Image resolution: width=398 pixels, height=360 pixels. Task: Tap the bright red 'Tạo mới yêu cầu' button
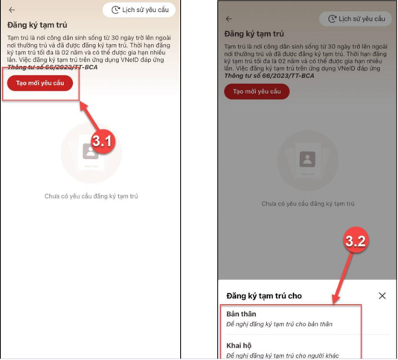point(40,83)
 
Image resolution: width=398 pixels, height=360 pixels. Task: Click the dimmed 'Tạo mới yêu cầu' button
point(257,91)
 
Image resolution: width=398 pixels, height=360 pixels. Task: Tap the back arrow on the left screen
point(12,10)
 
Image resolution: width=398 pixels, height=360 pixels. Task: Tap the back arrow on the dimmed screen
point(229,19)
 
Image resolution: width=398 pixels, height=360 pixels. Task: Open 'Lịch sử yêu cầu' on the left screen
point(139,10)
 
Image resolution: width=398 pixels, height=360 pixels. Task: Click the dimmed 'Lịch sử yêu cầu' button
point(356,19)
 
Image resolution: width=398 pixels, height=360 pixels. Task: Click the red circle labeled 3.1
point(102,141)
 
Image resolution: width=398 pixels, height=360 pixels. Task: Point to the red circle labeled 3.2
point(356,240)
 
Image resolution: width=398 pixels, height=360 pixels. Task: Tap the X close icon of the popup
point(382,295)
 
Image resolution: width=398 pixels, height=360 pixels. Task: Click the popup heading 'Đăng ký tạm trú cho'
point(264,296)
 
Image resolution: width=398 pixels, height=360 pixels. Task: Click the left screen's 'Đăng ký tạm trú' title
point(37,25)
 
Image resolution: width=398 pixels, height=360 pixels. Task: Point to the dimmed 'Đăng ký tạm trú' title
point(254,33)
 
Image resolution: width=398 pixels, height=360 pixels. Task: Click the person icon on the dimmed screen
point(307,159)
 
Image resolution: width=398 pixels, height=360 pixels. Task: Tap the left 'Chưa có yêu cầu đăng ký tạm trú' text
point(91,196)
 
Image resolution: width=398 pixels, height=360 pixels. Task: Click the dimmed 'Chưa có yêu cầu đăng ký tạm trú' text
point(308,204)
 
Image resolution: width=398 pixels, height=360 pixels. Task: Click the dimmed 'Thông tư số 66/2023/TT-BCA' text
point(269,76)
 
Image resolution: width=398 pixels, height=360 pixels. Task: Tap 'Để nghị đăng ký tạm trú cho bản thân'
point(279,324)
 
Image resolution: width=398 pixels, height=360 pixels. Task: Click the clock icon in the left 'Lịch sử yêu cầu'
point(115,10)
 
